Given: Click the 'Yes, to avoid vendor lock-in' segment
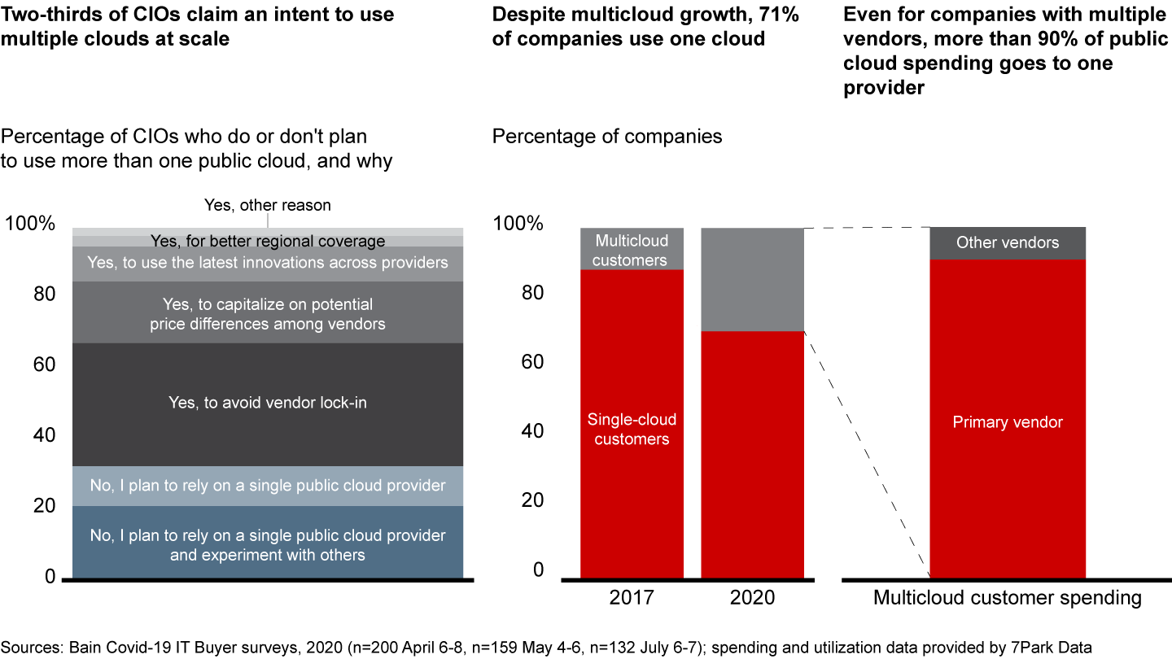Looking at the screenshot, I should pyautogui.click(x=268, y=403).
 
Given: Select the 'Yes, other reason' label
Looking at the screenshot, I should pyautogui.click(x=268, y=205).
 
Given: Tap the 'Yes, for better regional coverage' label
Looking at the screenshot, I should pyautogui.click(x=268, y=241).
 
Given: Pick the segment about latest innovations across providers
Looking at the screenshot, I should pyautogui.click(x=268, y=263).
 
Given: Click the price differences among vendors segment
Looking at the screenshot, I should pyautogui.click(x=268, y=313).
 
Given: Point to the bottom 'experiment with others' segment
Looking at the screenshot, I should pyautogui.click(x=268, y=545).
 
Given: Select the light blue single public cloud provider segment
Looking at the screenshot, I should pyautogui.click(x=268, y=486).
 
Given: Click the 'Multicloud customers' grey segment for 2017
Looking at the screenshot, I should pyautogui.click(x=632, y=250).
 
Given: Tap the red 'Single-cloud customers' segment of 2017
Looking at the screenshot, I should pyautogui.click(x=632, y=429).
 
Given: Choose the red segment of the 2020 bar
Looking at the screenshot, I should pyautogui.click(x=752, y=456).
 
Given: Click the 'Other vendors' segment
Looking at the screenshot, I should pyautogui.click(x=1008, y=242).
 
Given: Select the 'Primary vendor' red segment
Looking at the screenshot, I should pyautogui.click(x=1008, y=422).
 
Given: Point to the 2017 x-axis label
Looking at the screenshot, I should pyautogui.click(x=632, y=598).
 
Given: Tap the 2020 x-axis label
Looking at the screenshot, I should pyautogui.click(x=752, y=598).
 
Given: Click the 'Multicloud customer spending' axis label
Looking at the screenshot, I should pyautogui.click(x=1008, y=598).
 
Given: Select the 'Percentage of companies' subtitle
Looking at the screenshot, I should pyautogui.click(x=606, y=136).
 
